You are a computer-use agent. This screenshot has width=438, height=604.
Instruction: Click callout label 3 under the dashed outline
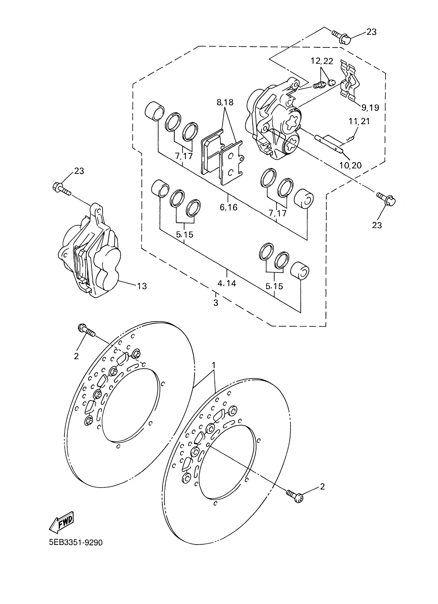(216, 303)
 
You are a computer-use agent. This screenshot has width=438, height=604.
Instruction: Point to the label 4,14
(227, 283)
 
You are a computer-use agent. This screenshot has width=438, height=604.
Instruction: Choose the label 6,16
(229, 207)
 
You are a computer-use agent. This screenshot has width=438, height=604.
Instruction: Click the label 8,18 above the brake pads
(225, 102)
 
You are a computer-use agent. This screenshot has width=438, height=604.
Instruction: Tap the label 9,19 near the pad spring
(370, 108)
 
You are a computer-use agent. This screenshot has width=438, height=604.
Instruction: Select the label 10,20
(351, 165)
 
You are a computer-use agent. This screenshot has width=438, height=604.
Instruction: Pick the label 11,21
(359, 121)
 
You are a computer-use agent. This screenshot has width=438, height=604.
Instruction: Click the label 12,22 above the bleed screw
(322, 61)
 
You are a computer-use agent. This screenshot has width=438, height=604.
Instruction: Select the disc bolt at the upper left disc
(87, 331)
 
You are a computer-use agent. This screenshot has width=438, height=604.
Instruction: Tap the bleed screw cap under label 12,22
(331, 83)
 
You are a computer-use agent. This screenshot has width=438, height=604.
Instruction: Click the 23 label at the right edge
(377, 225)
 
